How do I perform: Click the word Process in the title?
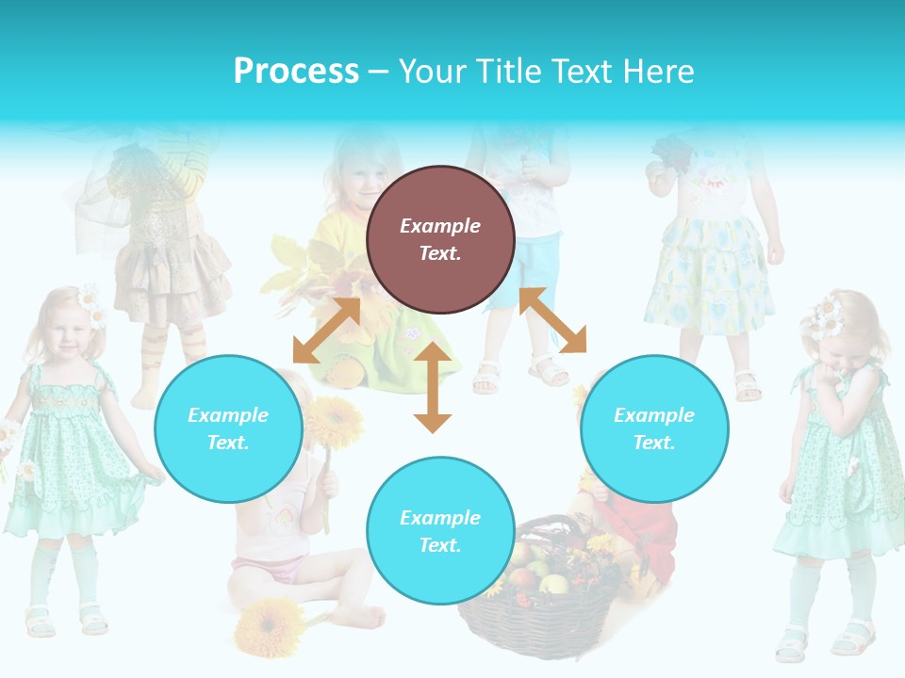pos(296,72)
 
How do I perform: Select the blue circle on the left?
pos(228,428)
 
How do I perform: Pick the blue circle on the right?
pos(654,428)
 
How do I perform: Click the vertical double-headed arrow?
pos(433,387)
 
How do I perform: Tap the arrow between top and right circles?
pos(553,320)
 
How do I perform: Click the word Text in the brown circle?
pos(440,253)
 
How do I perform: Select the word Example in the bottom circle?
pos(440,517)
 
